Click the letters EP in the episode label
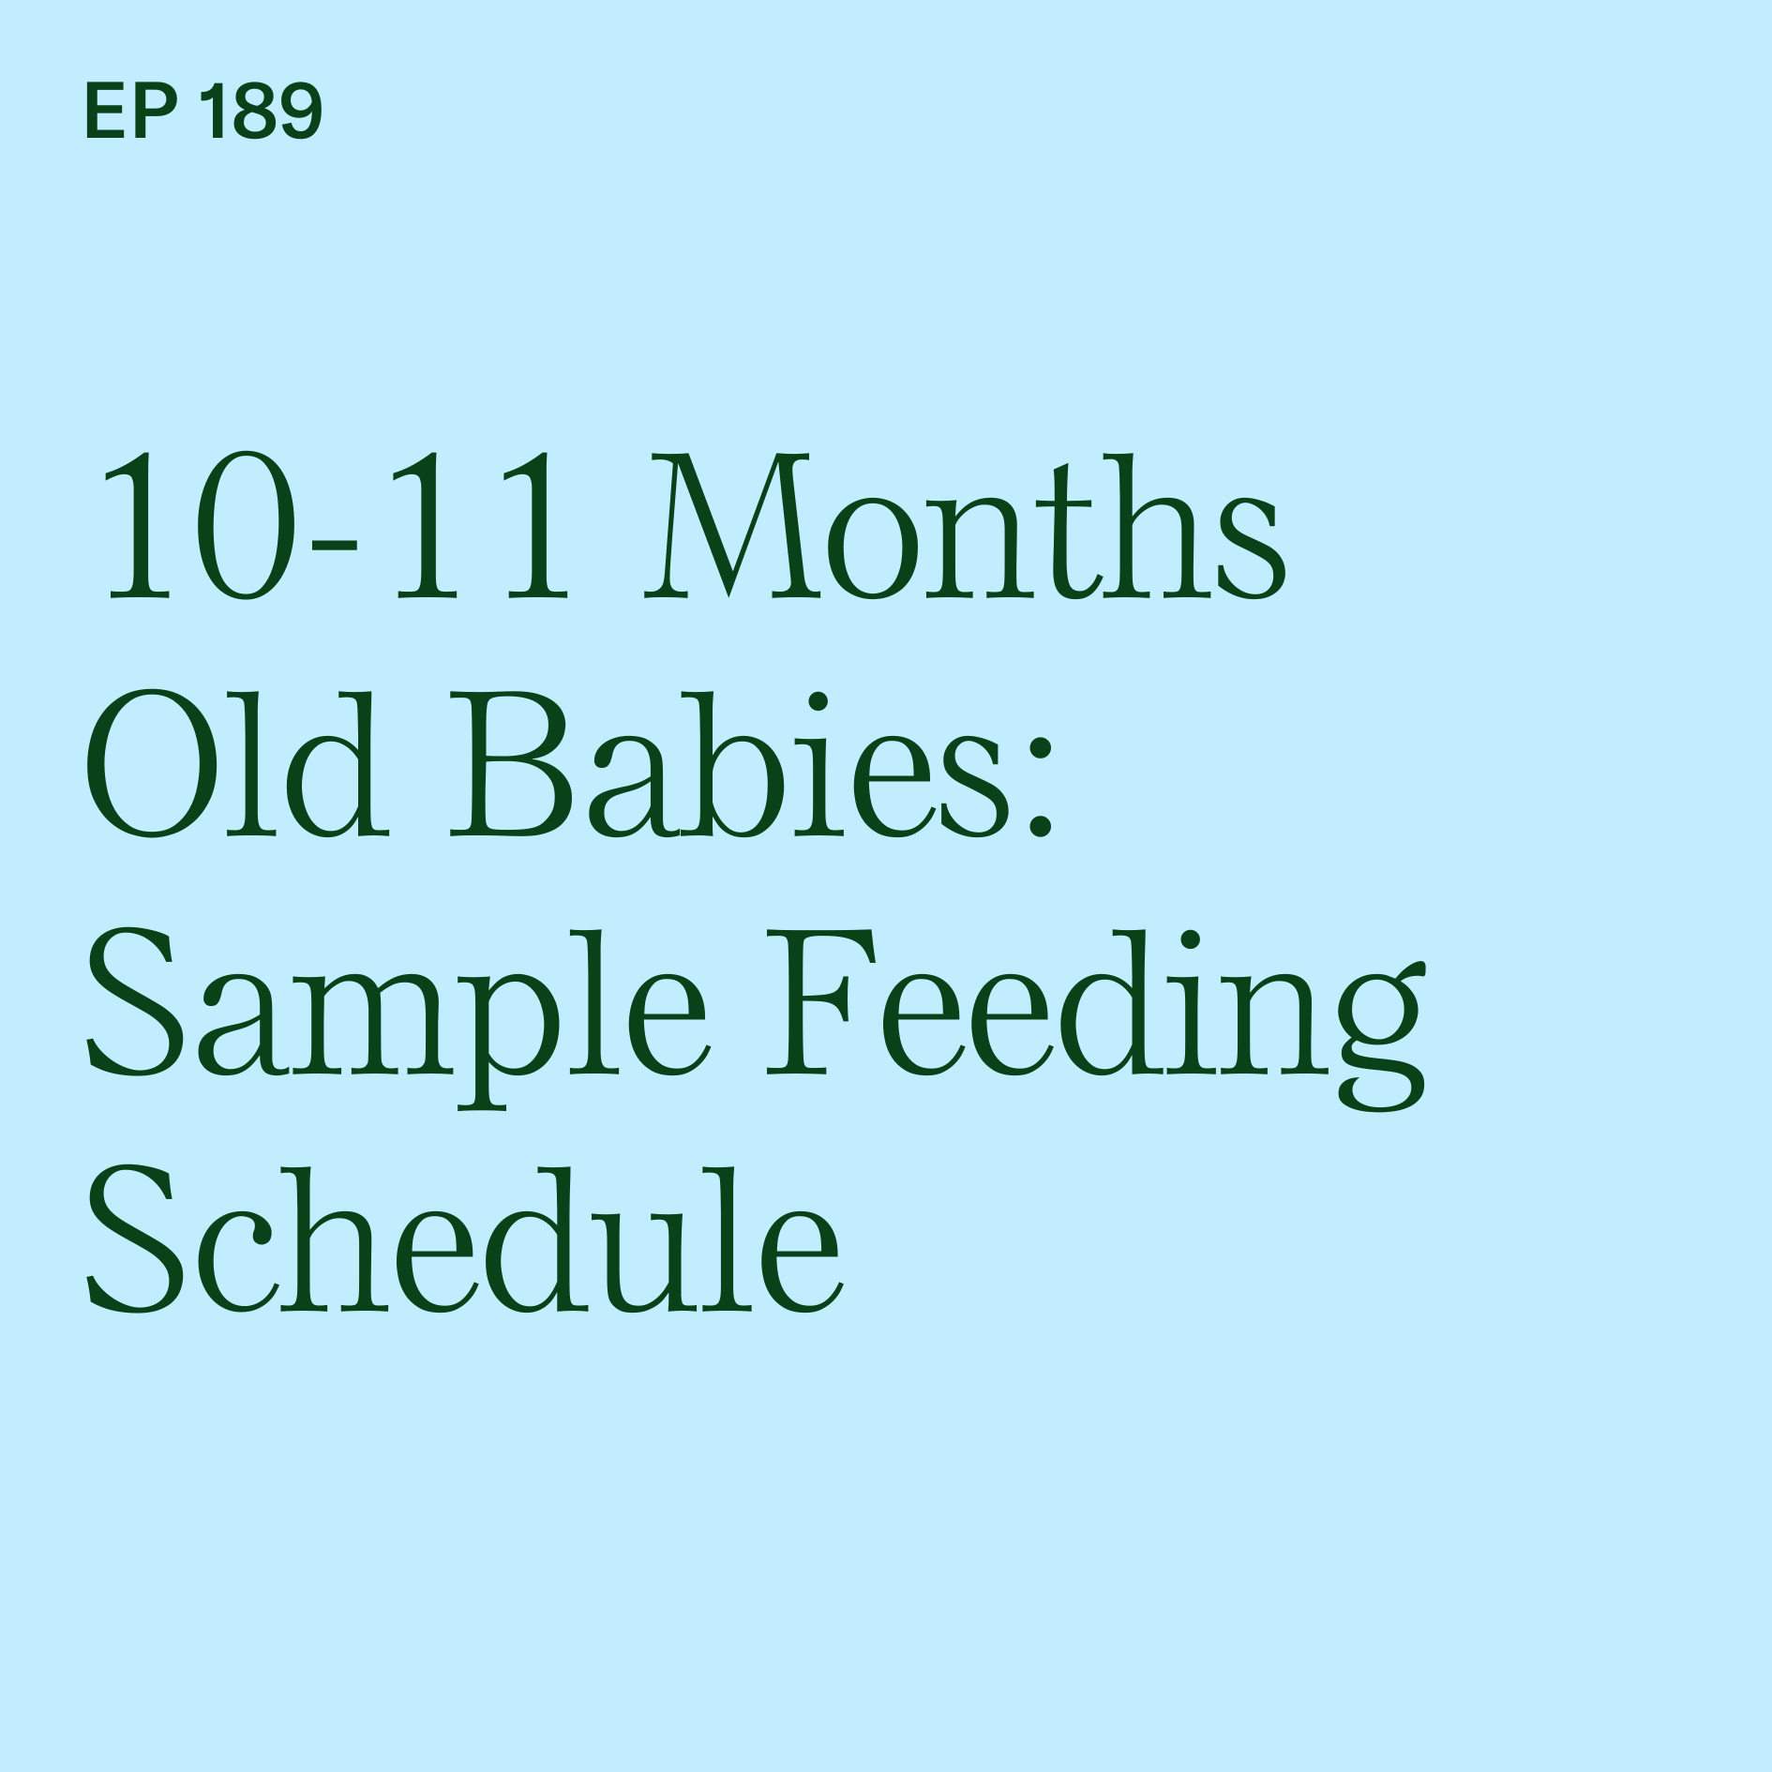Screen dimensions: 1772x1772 coord(130,112)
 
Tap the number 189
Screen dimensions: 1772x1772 coord(262,112)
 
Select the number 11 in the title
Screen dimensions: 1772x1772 coord(481,527)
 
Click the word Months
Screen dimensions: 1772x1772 coord(966,527)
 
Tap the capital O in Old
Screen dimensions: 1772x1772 coord(146,764)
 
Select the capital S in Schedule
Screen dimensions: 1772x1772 coord(132,1239)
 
